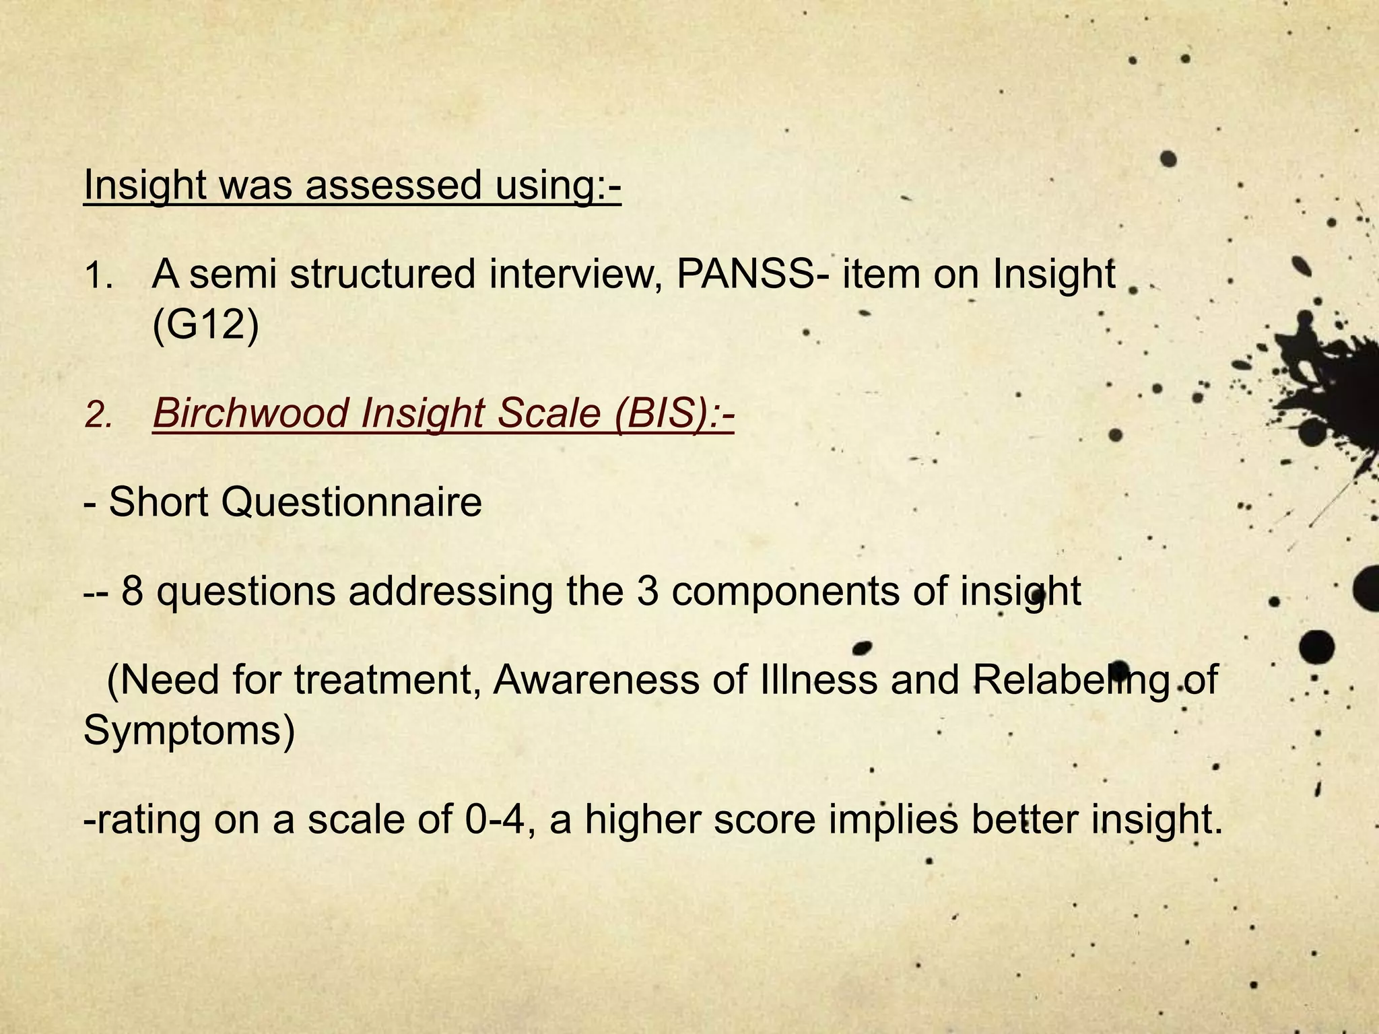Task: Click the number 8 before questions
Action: [x=132, y=591]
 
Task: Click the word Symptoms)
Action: [x=189, y=730]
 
